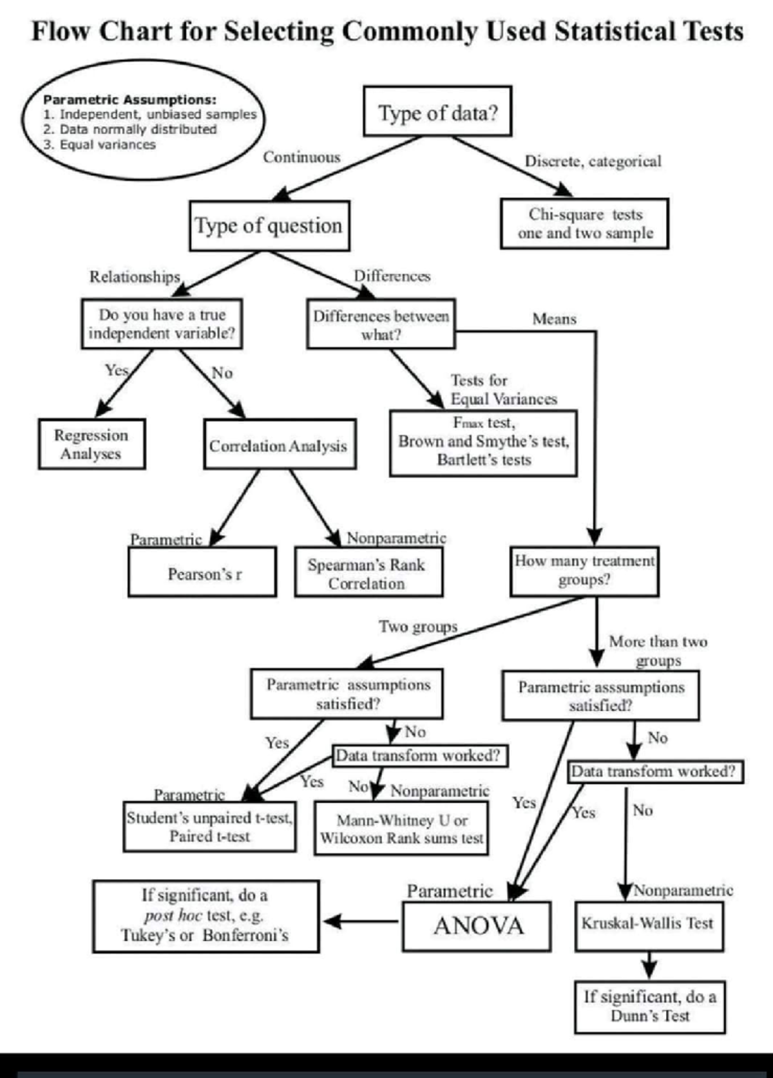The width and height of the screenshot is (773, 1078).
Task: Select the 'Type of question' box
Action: tap(269, 225)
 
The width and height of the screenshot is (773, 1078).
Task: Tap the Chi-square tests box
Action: tap(584, 223)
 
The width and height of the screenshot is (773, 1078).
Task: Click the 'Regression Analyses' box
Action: tap(91, 444)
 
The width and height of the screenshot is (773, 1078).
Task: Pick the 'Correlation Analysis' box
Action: tap(279, 445)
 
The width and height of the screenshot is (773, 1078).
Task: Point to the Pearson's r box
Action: tap(202, 572)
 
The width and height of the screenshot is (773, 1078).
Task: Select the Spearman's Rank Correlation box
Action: tap(368, 572)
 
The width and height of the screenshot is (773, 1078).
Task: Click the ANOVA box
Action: tap(477, 926)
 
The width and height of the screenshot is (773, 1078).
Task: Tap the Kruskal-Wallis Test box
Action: tap(648, 925)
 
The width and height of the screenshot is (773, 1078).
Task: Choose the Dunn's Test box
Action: tap(649, 1007)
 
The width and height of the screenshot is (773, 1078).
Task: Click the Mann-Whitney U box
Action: tap(401, 828)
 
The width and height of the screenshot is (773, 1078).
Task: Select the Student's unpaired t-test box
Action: tap(210, 826)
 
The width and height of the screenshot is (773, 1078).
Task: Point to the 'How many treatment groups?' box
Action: tap(584, 571)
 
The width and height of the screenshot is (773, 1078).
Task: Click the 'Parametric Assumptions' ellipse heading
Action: tap(129, 100)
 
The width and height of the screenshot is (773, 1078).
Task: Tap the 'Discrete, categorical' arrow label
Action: tap(593, 162)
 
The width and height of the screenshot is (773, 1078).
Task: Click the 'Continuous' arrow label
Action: tap(301, 157)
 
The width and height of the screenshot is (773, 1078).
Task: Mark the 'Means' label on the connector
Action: tap(554, 319)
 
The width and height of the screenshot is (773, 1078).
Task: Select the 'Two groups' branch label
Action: tap(418, 627)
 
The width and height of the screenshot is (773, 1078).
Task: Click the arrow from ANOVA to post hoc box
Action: tap(361, 922)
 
